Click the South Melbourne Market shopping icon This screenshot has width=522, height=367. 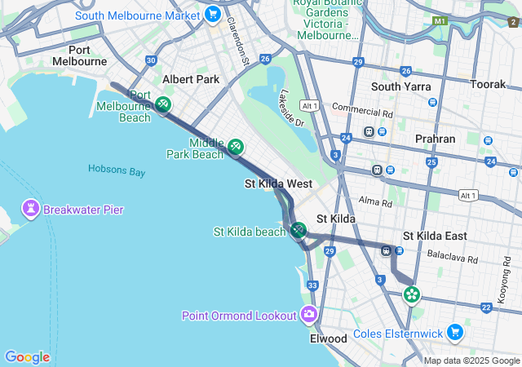[213, 14]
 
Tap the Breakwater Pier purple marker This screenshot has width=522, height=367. [31, 210]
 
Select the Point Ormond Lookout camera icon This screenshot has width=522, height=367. [309, 314]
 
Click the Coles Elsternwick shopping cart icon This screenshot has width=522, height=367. [455, 333]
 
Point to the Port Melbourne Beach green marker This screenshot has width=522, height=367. [162, 104]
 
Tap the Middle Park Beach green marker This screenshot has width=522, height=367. [236, 147]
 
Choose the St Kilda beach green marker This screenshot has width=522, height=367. [298, 231]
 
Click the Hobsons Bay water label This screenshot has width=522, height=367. [117, 172]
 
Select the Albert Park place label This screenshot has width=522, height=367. [191, 79]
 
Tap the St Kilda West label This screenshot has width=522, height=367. [278, 184]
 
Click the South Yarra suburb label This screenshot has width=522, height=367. [401, 86]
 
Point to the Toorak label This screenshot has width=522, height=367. [489, 84]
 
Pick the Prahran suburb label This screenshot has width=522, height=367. [435, 139]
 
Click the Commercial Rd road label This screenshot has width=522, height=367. [362, 109]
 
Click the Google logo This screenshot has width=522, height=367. [27, 357]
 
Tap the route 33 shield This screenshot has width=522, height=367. [312, 285]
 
